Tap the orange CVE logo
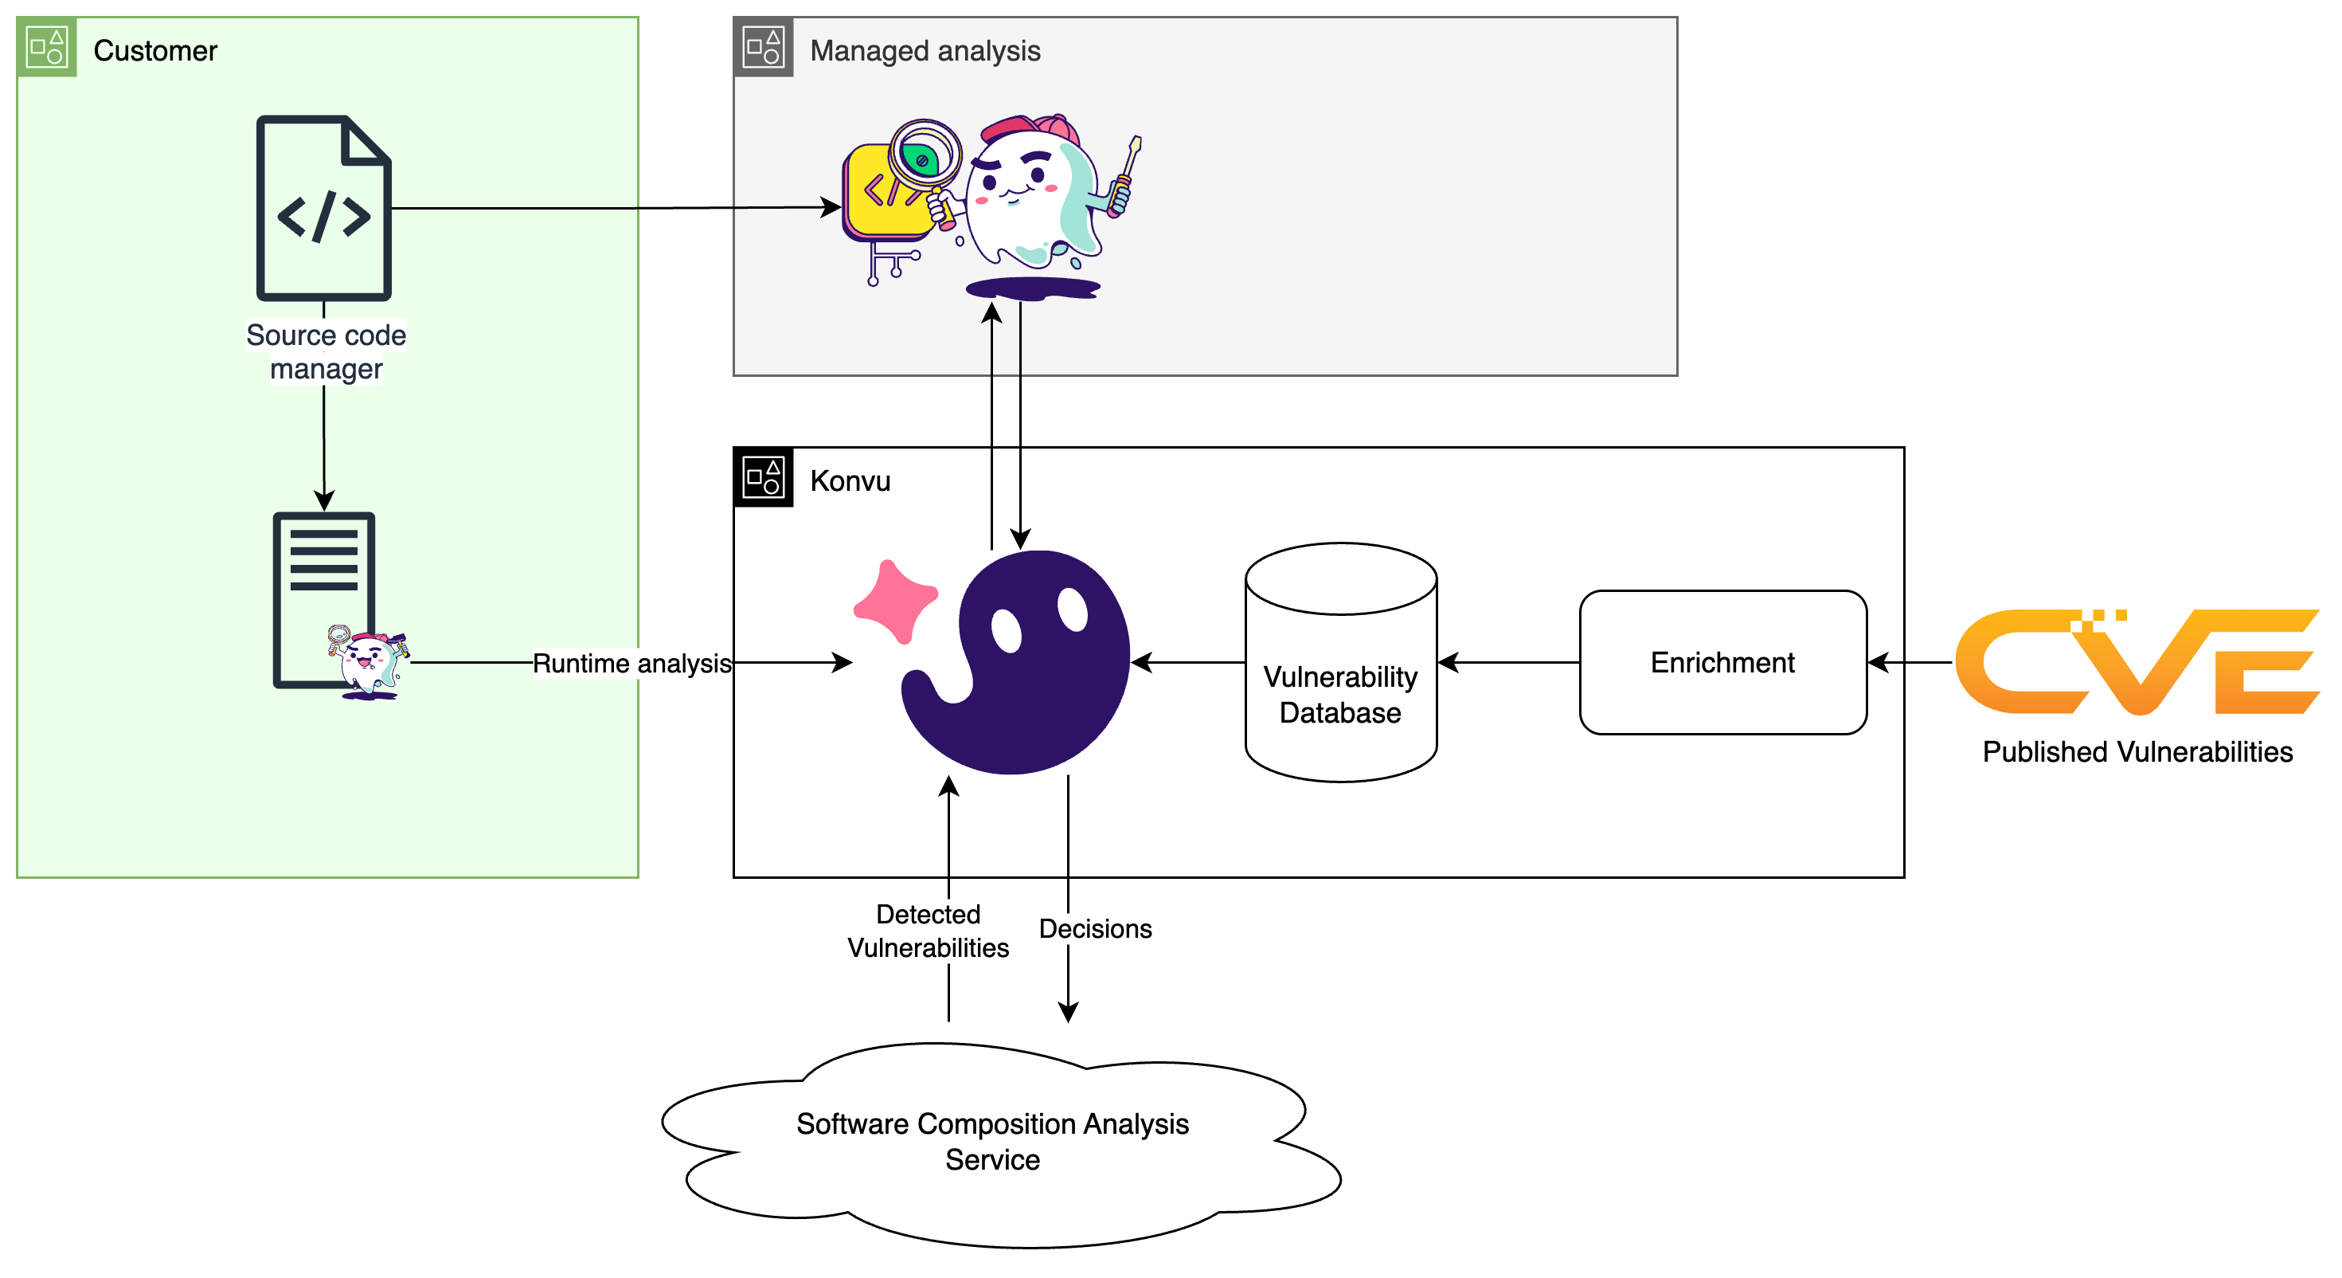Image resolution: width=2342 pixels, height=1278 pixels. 2137,662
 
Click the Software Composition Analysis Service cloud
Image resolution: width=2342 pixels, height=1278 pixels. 993,1143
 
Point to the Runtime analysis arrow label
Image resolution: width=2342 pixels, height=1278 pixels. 631,663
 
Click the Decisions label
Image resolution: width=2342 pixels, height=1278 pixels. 1095,929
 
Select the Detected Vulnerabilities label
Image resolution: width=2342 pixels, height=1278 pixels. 928,931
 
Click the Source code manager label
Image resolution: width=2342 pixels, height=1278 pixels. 326,352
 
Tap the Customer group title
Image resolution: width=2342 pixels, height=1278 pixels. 154,51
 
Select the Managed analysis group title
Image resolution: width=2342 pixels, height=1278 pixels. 925,51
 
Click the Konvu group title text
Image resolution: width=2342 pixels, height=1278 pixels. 849,481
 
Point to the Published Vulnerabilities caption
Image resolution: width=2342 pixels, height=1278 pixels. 2137,752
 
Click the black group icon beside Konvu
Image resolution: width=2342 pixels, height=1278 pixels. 763,476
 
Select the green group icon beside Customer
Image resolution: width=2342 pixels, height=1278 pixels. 46,46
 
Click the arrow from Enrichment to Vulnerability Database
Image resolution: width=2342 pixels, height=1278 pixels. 1509,663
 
